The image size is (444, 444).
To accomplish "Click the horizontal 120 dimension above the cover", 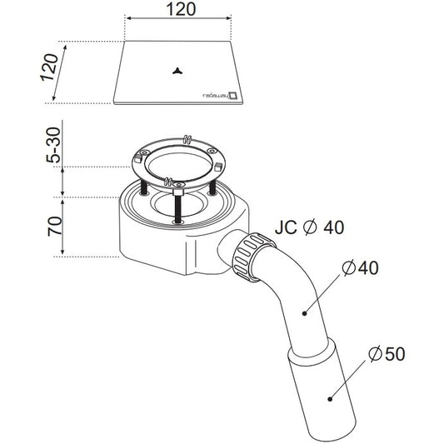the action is tap(181, 9).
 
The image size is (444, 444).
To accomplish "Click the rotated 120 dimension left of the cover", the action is tap(49, 67).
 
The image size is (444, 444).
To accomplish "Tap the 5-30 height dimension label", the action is tap(53, 145).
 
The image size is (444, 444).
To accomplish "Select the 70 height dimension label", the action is tap(54, 227).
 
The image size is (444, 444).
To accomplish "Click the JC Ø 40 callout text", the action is tap(310, 227).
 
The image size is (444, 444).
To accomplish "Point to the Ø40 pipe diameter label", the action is tap(360, 267).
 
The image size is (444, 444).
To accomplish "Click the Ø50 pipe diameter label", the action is tap(387, 354).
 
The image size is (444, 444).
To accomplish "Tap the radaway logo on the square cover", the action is tap(220, 95).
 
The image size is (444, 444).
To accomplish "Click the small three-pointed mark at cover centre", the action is tap(177, 72).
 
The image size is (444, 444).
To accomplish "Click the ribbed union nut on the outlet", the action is tap(252, 257).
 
